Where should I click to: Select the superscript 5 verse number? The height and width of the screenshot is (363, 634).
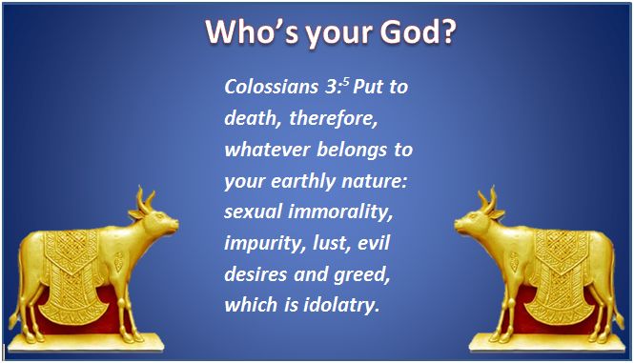[x=346, y=80]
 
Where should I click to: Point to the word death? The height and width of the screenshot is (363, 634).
[x=248, y=118]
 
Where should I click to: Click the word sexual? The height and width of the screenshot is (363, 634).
[x=253, y=212]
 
